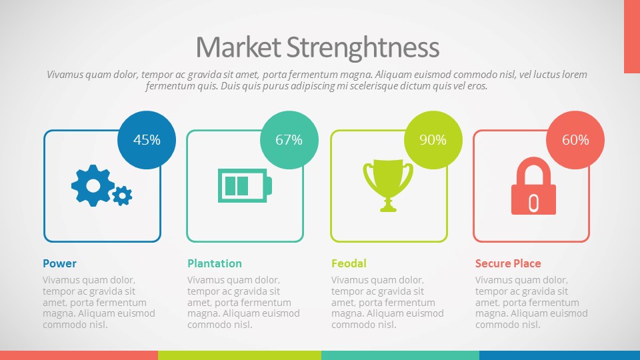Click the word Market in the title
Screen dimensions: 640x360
pyautogui.click(x=238, y=47)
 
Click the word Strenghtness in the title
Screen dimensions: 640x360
pyautogui.click(x=363, y=48)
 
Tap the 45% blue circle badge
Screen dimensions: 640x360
pyautogui.click(x=147, y=140)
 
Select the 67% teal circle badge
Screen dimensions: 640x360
pyautogui.click(x=289, y=140)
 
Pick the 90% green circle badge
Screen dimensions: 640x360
pyautogui.click(x=433, y=140)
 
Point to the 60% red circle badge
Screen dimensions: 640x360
pyautogui.click(x=575, y=140)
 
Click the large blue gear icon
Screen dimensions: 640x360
pyautogui.click(x=93, y=185)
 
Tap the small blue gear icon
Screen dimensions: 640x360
pyautogui.click(x=123, y=195)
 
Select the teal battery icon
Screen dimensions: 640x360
pyautogui.click(x=245, y=185)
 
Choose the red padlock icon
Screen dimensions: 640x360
pyautogui.click(x=533, y=186)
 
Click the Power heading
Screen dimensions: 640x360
pyautogui.click(x=59, y=264)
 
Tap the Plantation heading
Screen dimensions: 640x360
pyautogui.click(x=215, y=264)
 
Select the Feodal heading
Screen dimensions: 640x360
pyautogui.click(x=349, y=264)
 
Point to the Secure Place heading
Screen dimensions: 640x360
pyautogui.click(x=508, y=264)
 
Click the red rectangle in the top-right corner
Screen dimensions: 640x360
pyautogui.click(x=632, y=37)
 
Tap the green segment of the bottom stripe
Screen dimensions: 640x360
pyautogui.click(x=239, y=355)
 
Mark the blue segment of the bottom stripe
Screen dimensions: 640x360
pyautogui.click(x=559, y=355)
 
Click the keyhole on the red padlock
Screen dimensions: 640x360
pyautogui.click(x=533, y=203)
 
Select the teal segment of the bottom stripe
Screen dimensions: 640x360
pyautogui.click(x=401, y=355)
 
